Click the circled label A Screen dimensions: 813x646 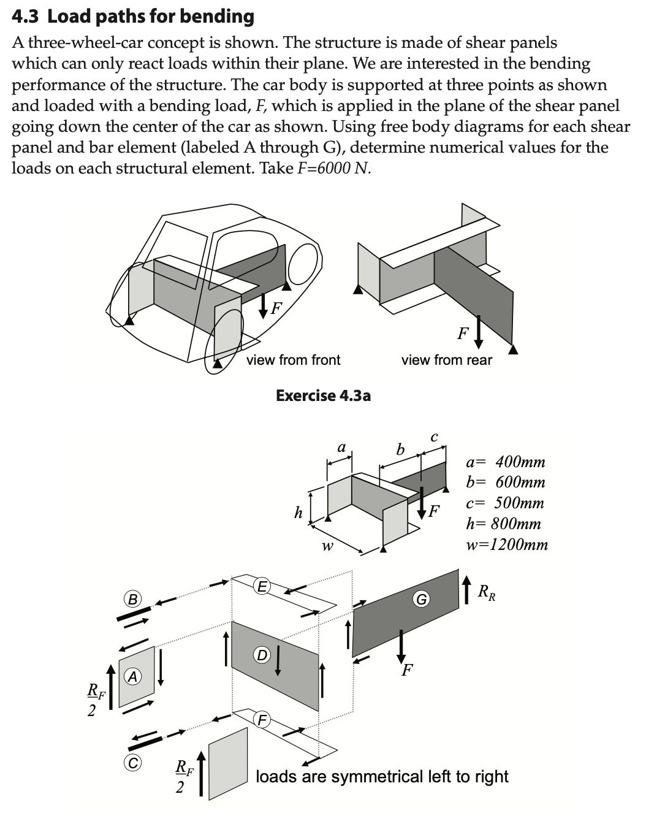tap(132, 676)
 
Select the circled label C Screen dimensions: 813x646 tap(132, 763)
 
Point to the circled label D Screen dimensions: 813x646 tap(261, 655)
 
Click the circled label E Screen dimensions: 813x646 tap(261, 586)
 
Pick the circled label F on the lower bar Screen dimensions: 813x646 tap(262, 719)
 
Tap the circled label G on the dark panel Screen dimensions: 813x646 tap(421, 598)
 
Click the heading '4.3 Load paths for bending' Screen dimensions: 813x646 tap(133, 16)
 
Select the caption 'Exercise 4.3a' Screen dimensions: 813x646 tap(323, 395)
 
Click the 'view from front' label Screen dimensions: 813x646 tap(293, 360)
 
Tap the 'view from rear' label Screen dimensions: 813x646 tap(446, 360)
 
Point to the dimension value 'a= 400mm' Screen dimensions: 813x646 tap(506, 462)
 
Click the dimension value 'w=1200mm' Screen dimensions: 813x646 tap(507, 544)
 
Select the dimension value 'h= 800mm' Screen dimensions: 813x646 tap(503, 524)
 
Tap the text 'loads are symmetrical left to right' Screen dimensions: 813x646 tap(381, 776)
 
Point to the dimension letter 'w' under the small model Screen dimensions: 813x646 tap(328, 545)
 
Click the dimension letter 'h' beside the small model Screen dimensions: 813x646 tap(298, 513)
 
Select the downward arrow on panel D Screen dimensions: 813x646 tap(279, 660)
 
